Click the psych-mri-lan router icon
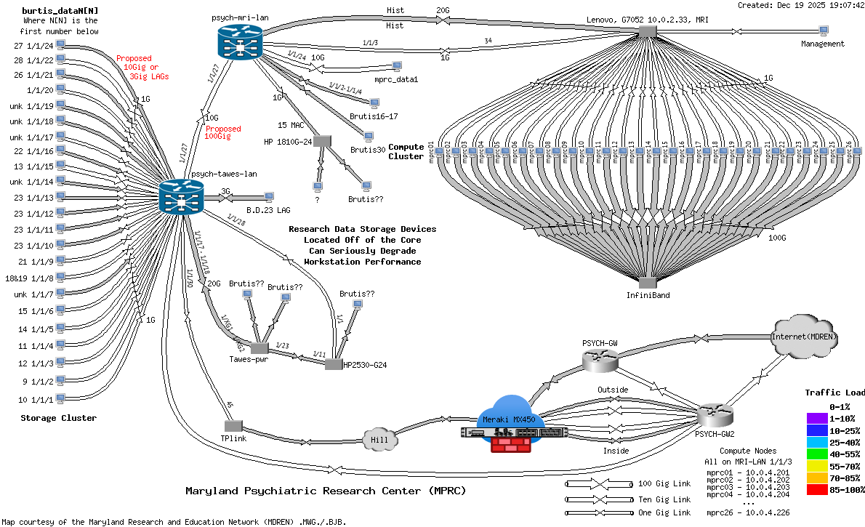238,43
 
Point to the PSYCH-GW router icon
600,358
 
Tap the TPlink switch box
233,425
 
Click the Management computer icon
824,31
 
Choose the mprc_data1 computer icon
396,66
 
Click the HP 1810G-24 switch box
322,140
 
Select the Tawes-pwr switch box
259,347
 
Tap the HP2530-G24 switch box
334,364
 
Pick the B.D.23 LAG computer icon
269,196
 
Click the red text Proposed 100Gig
222,132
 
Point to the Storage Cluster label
58,418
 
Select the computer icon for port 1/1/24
60,44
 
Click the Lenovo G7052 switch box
647,31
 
